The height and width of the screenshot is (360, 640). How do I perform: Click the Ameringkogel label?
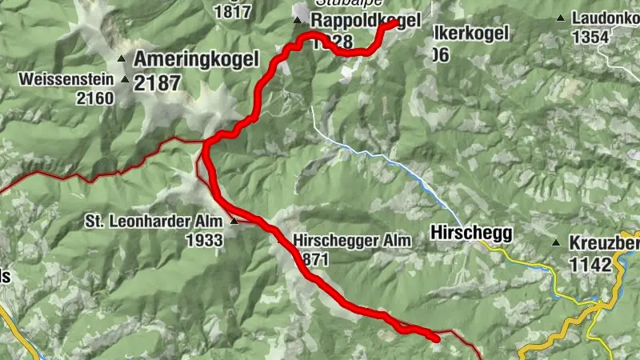[x=196, y=58]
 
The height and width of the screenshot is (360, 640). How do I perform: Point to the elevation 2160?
[x=94, y=98]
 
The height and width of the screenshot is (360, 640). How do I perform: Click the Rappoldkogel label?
[x=365, y=21]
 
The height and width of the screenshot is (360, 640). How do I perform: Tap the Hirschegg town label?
[x=470, y=233]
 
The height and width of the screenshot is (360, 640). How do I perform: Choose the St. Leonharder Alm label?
[x=155, y=222]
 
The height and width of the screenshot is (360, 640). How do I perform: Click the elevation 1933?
[x=204, y=239]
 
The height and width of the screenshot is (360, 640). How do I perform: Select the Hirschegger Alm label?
[x=352, y=239]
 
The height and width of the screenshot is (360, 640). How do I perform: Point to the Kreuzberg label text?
[x=603, y=243]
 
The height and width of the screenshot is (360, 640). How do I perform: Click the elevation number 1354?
[x=590, y=37]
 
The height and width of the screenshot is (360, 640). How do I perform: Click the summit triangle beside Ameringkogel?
[x=122, y=58]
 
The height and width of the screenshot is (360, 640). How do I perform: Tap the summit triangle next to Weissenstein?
[x=124, y=79]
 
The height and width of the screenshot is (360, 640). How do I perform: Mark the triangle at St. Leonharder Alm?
[x=234, y=222]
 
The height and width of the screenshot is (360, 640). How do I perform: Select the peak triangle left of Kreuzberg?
[x=556, y=243]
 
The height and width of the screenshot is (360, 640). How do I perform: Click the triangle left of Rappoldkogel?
[x=298, y=21]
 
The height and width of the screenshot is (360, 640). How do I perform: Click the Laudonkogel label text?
[x=605, y=16]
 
